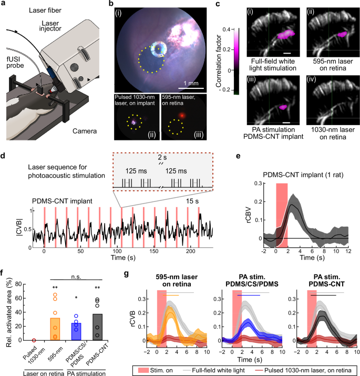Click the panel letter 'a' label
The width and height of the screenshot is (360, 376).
pos(4,5)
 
